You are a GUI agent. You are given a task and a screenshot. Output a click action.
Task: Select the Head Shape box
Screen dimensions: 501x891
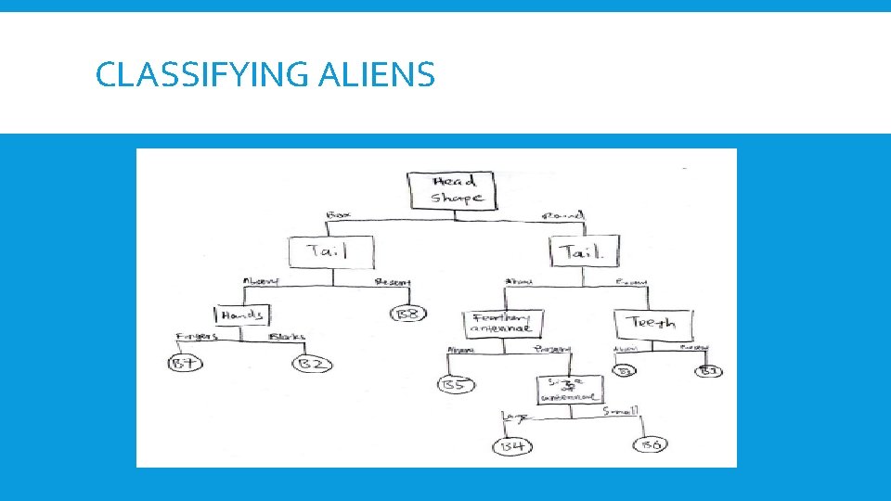coord(454,190)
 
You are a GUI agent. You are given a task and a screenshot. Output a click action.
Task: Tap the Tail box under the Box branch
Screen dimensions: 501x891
coord(331,251)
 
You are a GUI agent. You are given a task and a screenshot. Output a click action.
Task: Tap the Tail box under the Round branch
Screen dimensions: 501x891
coord(584,251)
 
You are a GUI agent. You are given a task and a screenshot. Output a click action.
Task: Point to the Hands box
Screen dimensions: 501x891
coord(242,315)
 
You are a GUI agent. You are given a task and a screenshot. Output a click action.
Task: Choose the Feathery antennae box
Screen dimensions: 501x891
coord(502,322)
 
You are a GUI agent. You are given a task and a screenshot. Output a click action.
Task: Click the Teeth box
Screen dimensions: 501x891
coord(652,323)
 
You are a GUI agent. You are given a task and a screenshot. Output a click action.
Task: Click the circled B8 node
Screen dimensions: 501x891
coord(408,314)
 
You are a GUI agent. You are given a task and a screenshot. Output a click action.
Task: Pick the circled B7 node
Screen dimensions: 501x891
coord(187,363)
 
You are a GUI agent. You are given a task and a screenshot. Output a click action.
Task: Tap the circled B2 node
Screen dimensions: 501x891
coord(312,364)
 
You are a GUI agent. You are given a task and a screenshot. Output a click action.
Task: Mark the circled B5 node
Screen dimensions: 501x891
coord(454,385)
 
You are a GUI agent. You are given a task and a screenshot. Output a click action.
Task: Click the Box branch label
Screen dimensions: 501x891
coord(338,215)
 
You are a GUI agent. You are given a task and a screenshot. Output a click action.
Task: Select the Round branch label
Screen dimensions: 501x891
coord(562,216)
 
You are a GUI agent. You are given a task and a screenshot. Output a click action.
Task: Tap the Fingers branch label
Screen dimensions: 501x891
coord(195,337)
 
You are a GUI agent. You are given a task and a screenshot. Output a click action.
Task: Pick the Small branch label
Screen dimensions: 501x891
coord(619,410)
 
